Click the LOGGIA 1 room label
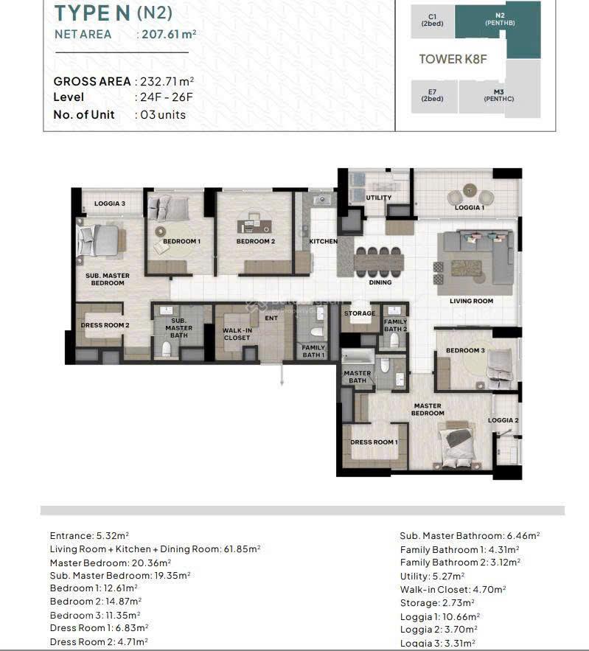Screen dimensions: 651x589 coord(469,208)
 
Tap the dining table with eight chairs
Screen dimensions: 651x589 coord(379,260)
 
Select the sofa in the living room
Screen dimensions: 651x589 coord(476,258)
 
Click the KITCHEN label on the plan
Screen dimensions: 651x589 coord(323,241)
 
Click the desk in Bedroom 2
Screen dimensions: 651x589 coord(255,223)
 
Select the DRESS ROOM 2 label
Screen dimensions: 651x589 coord(105,325)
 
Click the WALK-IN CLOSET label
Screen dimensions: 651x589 coord(237,334)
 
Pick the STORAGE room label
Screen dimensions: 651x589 coord(360,313)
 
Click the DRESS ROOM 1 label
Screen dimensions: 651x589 coord(374,442)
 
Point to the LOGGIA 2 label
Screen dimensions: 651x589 coord(503,420)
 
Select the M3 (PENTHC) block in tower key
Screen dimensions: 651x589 coord(499,95)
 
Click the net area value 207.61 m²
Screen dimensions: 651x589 coord(169,34)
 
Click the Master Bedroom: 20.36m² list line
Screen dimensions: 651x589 coord(111,562)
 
